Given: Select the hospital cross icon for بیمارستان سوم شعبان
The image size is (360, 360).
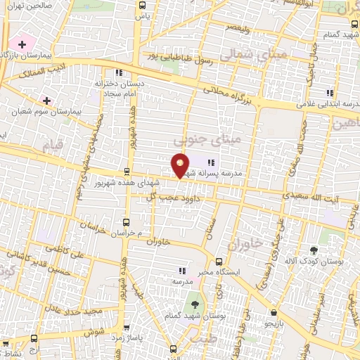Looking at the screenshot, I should [48, 101].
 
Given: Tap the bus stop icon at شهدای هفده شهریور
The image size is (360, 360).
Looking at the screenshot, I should [127, 171].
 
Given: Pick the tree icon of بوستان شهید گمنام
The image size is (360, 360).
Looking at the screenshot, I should [193, 305].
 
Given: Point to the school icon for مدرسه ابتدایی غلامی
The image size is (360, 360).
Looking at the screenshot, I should [329, 92].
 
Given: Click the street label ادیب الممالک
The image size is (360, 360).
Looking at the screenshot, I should [42, 70].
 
